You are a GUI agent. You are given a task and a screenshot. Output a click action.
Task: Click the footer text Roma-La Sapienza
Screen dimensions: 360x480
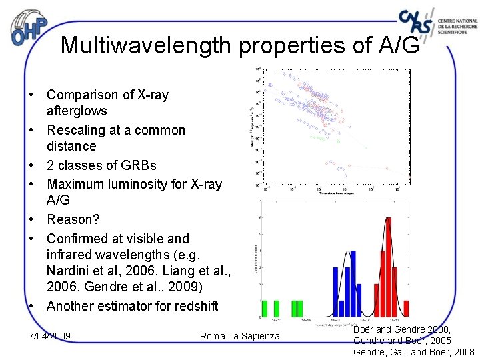[240, 336]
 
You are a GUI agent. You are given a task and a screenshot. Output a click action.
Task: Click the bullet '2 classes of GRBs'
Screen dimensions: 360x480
[101, 165]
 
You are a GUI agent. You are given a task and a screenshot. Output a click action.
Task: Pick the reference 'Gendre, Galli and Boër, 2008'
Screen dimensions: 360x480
[413, 352]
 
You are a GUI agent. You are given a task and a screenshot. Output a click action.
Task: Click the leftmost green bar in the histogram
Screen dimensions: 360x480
[265, 308]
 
